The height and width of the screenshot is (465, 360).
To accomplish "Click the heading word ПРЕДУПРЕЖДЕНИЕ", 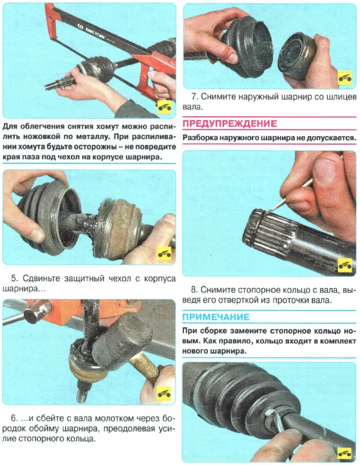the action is point(229,123).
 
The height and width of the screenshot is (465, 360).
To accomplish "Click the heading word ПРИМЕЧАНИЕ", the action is point(215,317).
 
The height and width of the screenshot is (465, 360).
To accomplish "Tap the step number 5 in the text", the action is point(14,278).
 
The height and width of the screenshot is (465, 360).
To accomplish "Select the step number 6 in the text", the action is point(14,418).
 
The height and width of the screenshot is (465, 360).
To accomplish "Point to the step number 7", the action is point(194,96).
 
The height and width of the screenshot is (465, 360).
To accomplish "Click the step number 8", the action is point(194,289).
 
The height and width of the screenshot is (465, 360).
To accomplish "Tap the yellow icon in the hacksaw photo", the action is point(164,107).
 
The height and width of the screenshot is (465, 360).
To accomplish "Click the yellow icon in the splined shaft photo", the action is point(345,265).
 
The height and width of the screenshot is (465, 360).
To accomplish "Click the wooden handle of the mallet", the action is point(146,369).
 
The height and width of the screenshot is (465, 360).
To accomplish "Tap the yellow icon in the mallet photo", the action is point(164,394).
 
